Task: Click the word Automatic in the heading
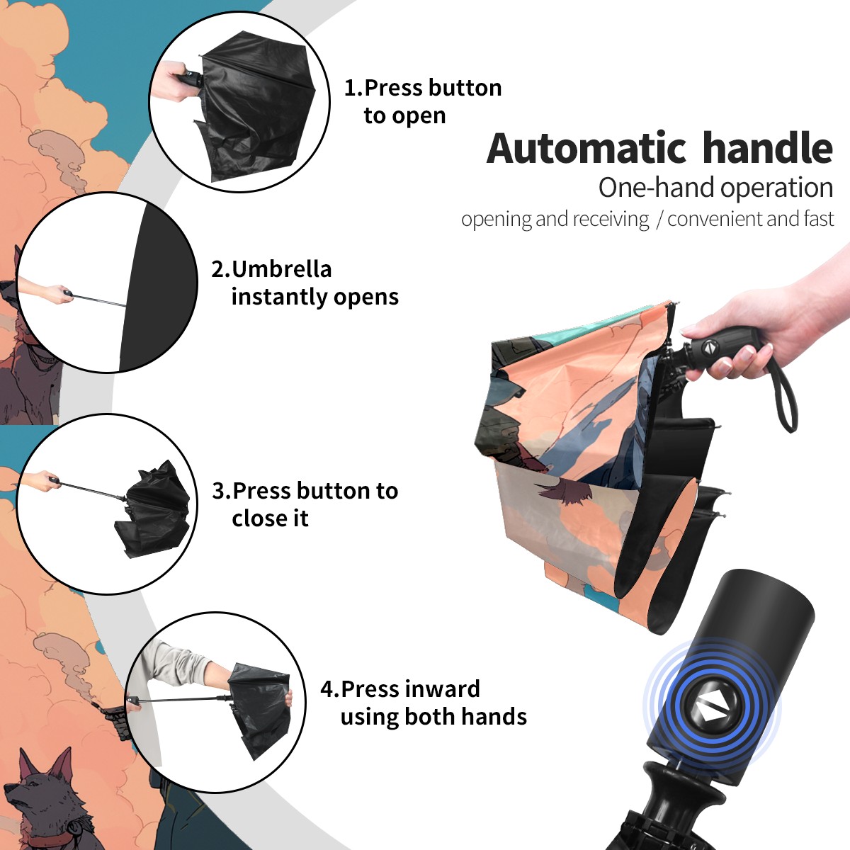pyautogui.click(x=586, y=148)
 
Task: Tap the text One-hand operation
pyautogui.click(x=715, y=188)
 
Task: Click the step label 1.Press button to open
pyautogui.click(x=423, y=102)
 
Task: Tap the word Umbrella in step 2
pyautogui.click(x=281, y=269)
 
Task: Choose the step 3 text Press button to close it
pyautogui.click(x=315, y=504)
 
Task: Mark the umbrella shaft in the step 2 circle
pyautogui.click(x=98, y=300)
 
